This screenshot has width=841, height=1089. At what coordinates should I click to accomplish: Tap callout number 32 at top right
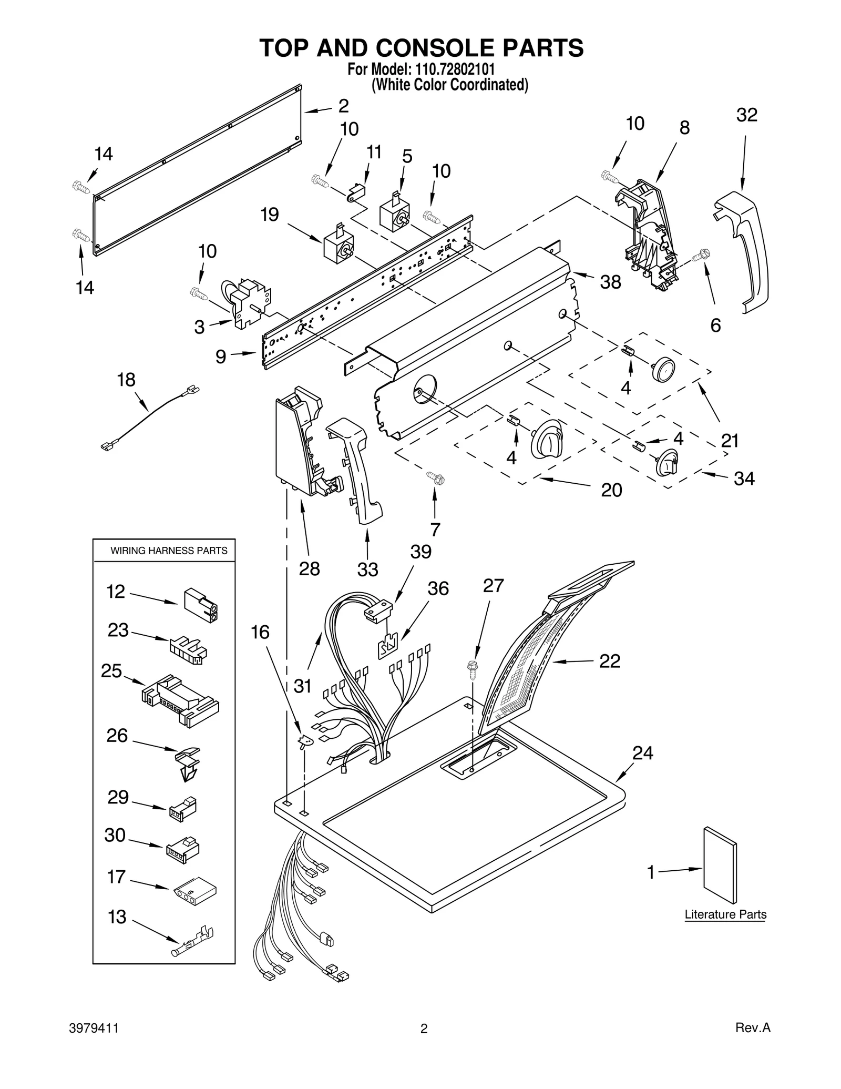(x=746, y=115)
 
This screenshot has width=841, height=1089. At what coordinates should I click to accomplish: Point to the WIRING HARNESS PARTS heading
(x=169, y=551)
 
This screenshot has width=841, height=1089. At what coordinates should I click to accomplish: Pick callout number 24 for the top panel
(x=642, y=753)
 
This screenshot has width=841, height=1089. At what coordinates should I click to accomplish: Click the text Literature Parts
(x=725, y=914)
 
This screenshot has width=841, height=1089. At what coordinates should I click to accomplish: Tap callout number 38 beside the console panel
(x=610, y=282)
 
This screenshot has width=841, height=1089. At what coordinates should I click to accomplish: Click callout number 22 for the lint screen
(x=610, y=661)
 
